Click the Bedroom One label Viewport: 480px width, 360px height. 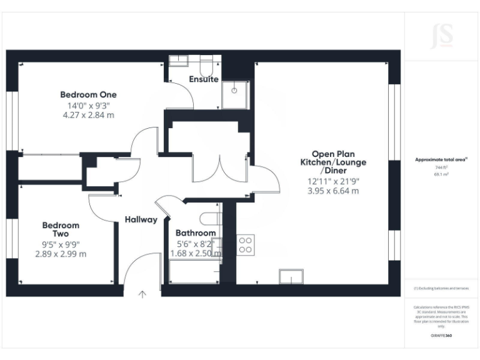[88, 94]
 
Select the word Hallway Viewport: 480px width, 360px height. [141, 219]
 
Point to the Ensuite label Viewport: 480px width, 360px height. [204, 79]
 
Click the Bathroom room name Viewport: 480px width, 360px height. [196, 233]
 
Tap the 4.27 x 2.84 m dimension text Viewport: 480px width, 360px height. [88, 115]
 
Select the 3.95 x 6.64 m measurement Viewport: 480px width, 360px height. [333, 191]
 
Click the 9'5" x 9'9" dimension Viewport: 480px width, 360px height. [61, 244]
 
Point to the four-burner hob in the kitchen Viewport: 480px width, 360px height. [245, 244]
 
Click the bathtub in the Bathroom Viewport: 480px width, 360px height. [195, 271]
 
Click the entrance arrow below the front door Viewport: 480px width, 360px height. [142, 293]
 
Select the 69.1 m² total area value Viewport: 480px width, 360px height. [441, 174]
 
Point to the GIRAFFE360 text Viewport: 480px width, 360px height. [441, 336]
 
